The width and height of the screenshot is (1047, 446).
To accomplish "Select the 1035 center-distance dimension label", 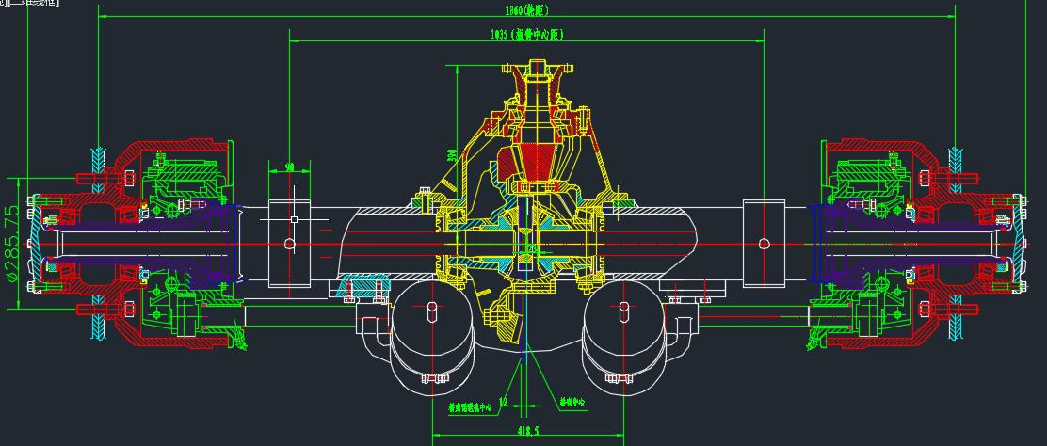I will (526, 35).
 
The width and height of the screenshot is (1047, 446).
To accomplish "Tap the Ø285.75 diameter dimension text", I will (11, 243).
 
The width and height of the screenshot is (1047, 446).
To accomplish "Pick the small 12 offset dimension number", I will (504, 401).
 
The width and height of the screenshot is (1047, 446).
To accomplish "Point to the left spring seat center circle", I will (289, 244).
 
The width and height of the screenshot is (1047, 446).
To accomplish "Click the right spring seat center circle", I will (764, 244).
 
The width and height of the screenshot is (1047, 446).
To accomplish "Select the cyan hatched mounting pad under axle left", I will (363, 284).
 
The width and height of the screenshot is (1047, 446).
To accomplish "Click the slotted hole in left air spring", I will (432, 310).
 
